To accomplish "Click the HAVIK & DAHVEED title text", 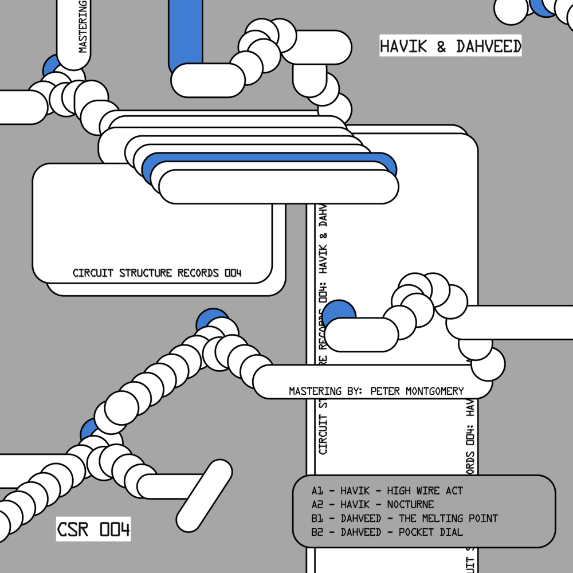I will click(x=450, y=46).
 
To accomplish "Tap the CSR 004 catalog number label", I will click(x=93, y=529).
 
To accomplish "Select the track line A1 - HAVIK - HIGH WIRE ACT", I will click(x=387, y=490).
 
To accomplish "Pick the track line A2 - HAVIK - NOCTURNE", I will click(x=372, y=505).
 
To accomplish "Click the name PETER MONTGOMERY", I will click(x=417, y=391).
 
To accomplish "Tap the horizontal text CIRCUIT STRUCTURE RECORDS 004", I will click(x=157, y=273).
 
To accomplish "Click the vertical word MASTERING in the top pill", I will click(x=83, y=29).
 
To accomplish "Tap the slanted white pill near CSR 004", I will click(x=208, y=488).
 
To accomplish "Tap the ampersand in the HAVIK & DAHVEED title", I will click(x=441, y=46).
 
